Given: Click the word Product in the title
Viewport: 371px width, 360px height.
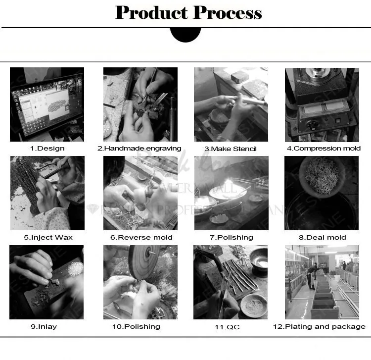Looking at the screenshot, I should coord(150,13).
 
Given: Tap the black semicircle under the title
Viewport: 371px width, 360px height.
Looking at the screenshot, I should coord(185,34).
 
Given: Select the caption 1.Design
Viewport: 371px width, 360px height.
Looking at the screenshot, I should coord(47,148).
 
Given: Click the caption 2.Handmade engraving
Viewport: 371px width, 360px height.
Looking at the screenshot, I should coord(139,148).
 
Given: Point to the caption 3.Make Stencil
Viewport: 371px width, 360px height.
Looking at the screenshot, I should coord(231,148).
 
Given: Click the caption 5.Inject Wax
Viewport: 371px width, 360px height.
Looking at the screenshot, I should coord(48,237).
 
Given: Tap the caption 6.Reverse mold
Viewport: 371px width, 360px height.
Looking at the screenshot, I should coord(141,237).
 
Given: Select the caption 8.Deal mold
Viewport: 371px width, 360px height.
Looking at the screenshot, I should coord(322,237).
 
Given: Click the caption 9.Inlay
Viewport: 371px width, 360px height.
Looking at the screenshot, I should coord(47,326).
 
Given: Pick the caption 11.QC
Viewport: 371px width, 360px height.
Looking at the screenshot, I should coord(231,326).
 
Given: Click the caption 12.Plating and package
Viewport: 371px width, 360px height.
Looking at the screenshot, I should coord(320,326).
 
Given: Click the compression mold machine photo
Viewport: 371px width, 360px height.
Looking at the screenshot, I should coord(322,104).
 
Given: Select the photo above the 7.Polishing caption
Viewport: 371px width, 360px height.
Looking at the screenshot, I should coord(231,193).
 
